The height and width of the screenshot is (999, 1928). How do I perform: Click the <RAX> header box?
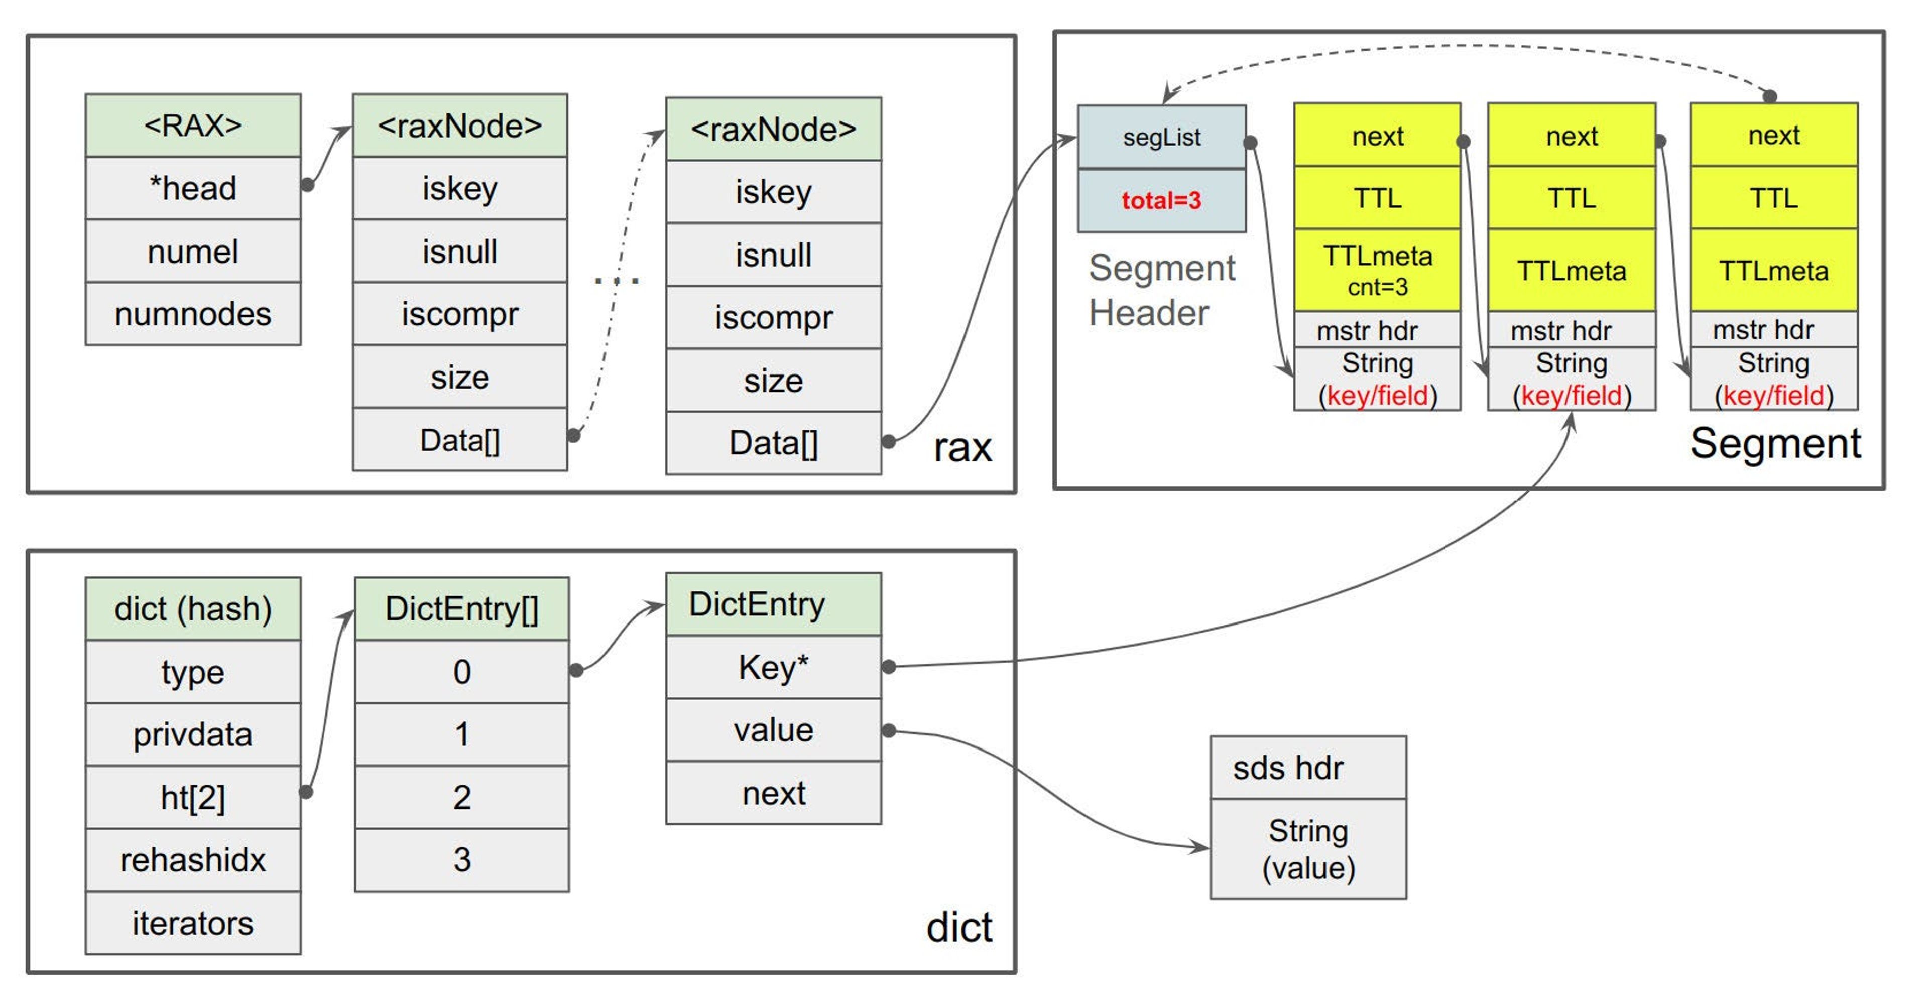(193, 125)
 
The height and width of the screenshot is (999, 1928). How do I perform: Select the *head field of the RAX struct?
(193, 188)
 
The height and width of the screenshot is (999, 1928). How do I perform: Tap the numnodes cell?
(193, 314)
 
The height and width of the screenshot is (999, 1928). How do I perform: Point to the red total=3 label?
(1161, 200)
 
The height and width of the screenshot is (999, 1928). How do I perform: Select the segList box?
(1161, 138)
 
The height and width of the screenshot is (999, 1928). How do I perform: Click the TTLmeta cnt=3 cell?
(1377, 270)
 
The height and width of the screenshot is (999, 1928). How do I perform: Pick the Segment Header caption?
(1161, 290)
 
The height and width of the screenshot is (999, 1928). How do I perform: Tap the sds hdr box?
(1307, 768)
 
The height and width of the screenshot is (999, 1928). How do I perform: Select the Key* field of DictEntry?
(773, 667)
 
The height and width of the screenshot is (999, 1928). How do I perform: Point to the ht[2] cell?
(193, 797)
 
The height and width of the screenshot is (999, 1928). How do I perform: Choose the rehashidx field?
(193, 860)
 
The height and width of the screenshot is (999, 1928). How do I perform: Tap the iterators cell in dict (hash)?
(193, 923)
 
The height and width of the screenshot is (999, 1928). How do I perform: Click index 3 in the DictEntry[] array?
(462, 860)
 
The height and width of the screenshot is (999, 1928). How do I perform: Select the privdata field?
(193, 734)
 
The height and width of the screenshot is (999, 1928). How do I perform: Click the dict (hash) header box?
(193, 608)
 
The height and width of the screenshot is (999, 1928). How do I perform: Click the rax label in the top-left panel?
(962, 447)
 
